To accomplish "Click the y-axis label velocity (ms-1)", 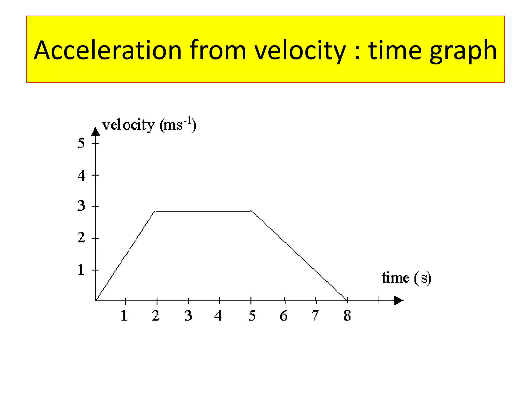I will pos(149,125).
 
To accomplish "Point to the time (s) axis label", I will pos(407,278).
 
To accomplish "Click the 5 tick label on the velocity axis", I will pos(81,143).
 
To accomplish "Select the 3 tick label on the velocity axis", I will pos(81,206).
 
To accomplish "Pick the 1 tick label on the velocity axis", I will pos(81,270).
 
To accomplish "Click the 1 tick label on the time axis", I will pos(124,315).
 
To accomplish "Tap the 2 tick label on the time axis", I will pos(156,315).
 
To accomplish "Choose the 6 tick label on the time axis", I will pos(284,315).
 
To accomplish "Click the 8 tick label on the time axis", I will pos(347,315).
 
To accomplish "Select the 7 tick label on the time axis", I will pos(315,315).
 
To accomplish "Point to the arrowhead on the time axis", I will pos(399,301).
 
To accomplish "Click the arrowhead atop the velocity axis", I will pos(95,132).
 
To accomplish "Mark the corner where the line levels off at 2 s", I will pos(155,211).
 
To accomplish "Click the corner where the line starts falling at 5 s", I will pos(251,211).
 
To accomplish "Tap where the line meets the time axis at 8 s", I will pos(347,300).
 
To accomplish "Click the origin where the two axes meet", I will pos(96,301).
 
